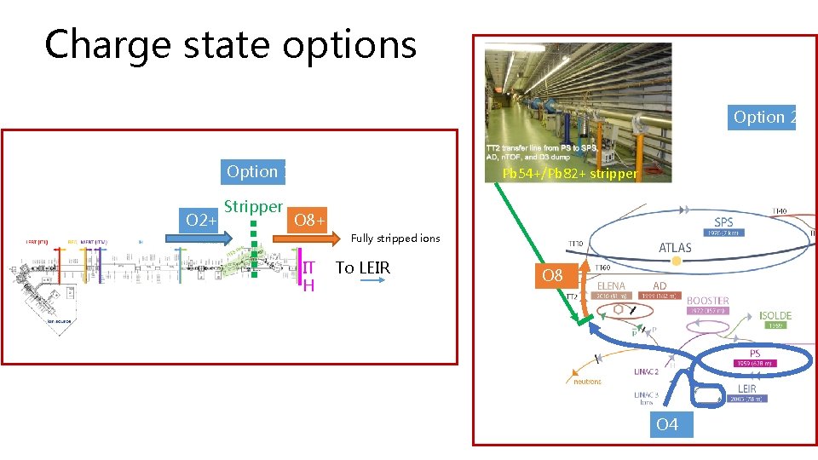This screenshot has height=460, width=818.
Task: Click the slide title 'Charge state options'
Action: click(230, 44)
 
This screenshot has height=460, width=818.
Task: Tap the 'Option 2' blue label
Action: click(763, 118)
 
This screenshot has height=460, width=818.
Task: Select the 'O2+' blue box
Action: click(202, 221)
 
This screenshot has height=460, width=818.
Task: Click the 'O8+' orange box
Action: click(307, 222)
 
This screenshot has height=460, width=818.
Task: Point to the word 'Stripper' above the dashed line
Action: click(253, 206)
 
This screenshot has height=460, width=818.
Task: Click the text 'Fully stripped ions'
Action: click(395, 239)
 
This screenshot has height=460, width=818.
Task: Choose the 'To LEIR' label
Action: click(363, 267)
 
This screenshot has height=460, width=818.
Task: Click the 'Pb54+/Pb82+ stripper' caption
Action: click(569, 174)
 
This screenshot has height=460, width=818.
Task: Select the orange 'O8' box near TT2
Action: click(553, 276)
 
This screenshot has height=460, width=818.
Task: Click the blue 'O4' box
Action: click(667, 424)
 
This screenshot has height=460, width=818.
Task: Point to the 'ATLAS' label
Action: click(675, 248)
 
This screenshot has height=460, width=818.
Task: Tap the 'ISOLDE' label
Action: click(775, 316)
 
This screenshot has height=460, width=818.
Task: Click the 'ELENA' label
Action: click(612, 286)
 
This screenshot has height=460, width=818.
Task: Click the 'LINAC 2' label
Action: click(647, 371)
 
